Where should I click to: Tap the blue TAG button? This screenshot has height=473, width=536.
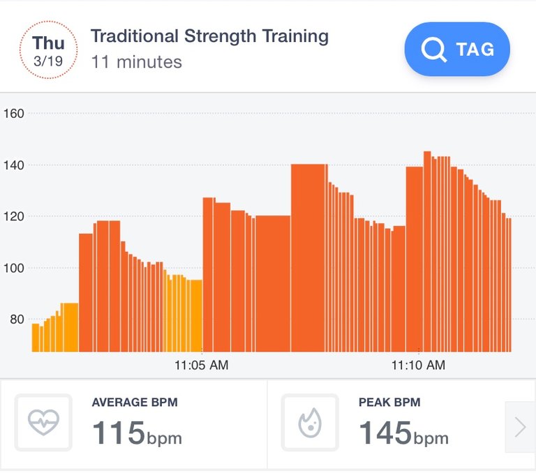[x=457, y=49]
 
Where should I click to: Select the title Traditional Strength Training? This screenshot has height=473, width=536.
[x=209, y=36]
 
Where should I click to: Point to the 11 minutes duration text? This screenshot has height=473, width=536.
[x=136, y=62]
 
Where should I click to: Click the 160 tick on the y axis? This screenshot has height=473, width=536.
[x=15, y=113]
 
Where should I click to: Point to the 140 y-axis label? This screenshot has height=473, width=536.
[x=15, y=165]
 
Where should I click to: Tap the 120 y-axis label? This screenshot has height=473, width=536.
[x=15, y=216]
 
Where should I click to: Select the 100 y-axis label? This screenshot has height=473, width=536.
[x=15, y=268]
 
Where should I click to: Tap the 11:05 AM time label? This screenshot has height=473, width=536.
[x=201, y=365]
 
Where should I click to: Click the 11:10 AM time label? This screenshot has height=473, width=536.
[x=417, y=365]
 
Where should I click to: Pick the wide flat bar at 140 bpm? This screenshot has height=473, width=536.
[x=308, y=258]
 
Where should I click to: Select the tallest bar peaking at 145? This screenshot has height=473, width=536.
[x=427, y=251]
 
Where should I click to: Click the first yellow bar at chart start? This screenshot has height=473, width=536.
[x=36, y=338]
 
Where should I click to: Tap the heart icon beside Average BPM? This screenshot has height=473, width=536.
[x=43, y=423]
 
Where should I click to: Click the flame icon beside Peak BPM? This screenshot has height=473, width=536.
[x=309, y=423]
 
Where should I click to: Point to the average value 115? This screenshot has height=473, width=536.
[x=119, y=433]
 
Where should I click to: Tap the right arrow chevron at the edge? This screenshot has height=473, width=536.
[x=520, y=427]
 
